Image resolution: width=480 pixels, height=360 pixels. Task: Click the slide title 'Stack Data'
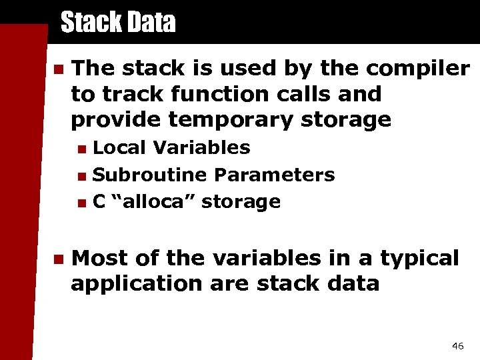point(117,23)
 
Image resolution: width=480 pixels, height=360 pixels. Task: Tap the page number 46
point(457,345)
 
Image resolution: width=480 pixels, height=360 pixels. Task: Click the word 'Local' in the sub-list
point(117,148)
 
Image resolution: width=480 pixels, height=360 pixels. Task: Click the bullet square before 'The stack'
point(57,69)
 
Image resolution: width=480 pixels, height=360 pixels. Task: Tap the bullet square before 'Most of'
point(57,259)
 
